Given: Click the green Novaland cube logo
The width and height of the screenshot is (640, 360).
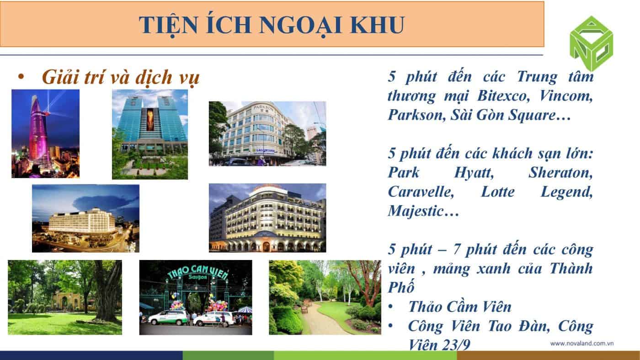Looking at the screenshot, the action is click(x=591, y=43).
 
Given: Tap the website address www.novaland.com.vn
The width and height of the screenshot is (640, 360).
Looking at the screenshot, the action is click(x=582, y=344).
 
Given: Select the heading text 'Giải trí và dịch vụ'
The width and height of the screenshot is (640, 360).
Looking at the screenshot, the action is click(x=121, y=77).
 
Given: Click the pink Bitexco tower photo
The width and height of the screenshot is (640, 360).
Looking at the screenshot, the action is click(x=45, y=133).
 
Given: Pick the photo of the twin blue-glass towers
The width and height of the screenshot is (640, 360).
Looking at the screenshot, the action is click(x=150, y=134).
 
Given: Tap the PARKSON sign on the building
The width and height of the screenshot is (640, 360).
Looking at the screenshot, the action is click(x=263, y=108).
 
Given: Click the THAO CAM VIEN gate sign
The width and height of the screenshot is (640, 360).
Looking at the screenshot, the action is click(x=197, y=273).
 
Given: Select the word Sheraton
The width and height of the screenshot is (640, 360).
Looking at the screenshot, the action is click(x=560, y=172).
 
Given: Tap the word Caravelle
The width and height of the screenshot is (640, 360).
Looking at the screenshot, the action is click(x=421, y=191).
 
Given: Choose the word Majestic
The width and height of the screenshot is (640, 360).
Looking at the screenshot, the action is click(x=416, y=211).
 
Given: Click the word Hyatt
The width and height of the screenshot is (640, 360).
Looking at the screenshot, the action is click(x=474, y=172).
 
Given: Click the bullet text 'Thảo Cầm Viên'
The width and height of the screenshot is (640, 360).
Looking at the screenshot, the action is click(x=460, y=307).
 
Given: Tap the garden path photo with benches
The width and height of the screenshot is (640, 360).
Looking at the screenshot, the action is click(x=325, y=297).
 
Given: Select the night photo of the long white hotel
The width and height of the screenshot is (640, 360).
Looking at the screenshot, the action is click(x=86, y=218).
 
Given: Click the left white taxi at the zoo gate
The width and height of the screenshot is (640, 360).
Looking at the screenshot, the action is click(x=168, y=318).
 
